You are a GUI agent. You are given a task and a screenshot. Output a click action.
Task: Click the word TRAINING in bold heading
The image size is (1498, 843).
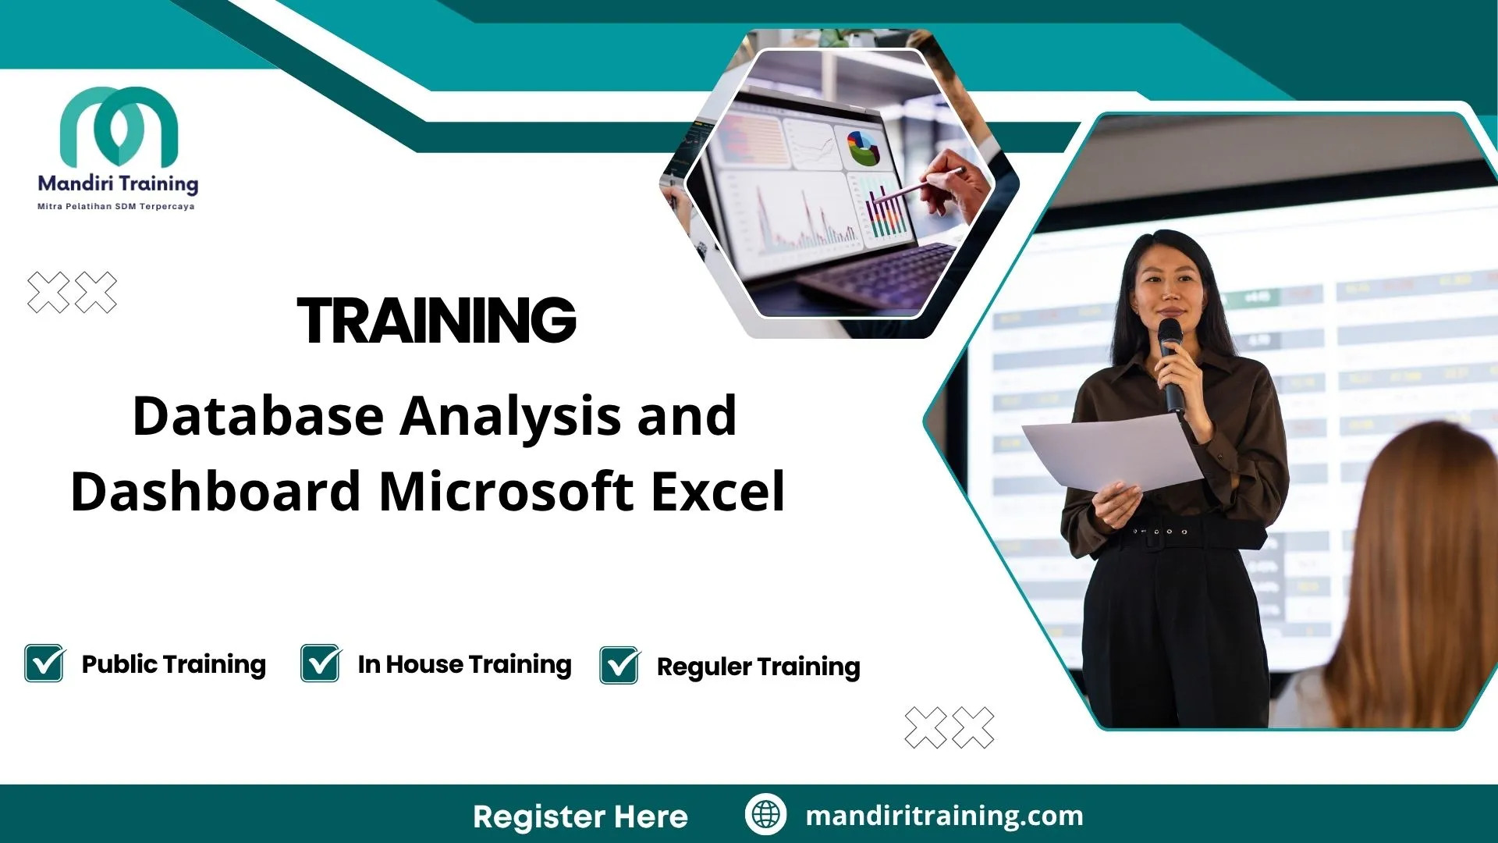[x=436, y=321]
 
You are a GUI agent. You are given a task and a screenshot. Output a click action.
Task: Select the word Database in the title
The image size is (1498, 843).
[x=257, y=416]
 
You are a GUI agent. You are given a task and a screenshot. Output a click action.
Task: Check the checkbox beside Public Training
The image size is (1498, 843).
[x=44, y=663]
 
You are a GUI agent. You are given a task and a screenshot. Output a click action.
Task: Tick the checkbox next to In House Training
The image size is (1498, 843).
[x=321, y=663]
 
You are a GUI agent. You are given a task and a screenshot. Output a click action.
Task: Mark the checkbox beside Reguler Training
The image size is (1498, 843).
[x=619, y=666]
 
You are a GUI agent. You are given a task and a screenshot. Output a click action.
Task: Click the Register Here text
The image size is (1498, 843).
[x=580, y=816]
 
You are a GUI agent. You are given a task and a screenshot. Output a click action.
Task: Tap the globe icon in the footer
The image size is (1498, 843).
[x=765, y=814]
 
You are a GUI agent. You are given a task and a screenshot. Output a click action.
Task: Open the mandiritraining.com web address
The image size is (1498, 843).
[x=944, y=816]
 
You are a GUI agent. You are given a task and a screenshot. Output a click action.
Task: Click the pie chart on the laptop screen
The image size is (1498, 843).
[x=862, y=148]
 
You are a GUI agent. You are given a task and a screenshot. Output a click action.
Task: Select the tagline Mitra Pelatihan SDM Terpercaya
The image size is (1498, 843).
[x=116, y=207]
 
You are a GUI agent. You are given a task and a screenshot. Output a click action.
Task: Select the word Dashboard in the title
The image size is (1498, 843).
[x=214, y=492]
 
